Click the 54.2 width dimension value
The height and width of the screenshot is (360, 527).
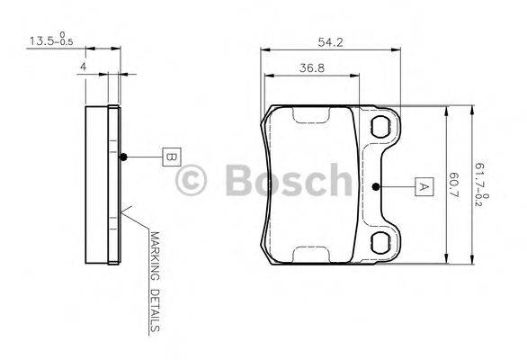[x=330, y=40]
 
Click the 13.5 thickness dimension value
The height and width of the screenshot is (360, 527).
[x=40, y=40]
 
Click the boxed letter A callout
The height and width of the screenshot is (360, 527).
[x=421, y=187]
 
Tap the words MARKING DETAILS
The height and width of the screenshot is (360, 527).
[x=155, y=280]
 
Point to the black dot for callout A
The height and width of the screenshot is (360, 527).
[x=377, y=187]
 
